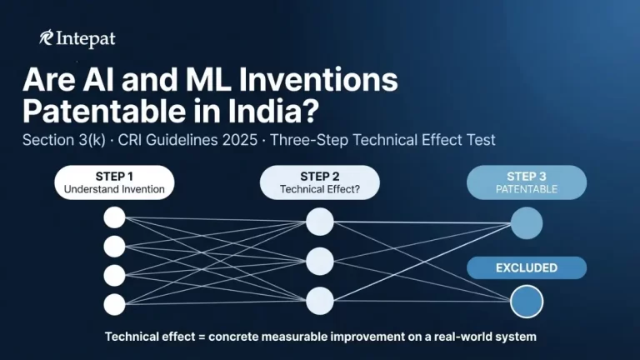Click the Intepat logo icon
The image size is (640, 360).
point(47,38)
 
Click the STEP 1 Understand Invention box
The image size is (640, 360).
point(114,182)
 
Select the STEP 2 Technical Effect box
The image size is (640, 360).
point(319,182)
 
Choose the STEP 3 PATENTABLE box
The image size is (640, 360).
point(526,182)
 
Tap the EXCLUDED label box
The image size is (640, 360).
point(526,268)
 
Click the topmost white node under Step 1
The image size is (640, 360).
point(114,218)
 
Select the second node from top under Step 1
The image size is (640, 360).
point(114,247)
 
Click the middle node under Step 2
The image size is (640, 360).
point(319,261)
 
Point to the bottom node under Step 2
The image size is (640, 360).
point(319,300)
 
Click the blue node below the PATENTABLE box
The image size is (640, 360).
point(526,223)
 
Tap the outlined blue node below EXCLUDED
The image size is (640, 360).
point(526,301)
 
